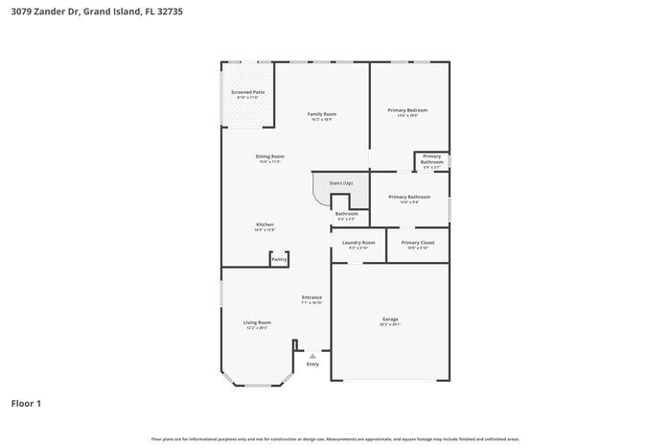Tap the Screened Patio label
click(x=247, y=92)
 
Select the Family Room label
click(x=321, y=114)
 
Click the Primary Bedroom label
click(x=407, y=110)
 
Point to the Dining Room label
click(x=269, y=156)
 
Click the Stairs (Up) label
click(x=341, y=182)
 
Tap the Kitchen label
click(x=265, y=224)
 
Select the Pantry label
click(x=279, y=259)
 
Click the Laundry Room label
click(x=359, y=243)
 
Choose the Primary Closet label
click(x=418, y=243)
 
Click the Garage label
click(x=390, y=318)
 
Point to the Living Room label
click(x=257, y=322)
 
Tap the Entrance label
click(x=312, y=297)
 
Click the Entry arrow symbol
click(x=312, y=356)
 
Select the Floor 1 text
click(x=27, y=403)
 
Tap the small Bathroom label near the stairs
click(x=346, y=214)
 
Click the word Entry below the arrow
click(x=312, y=365)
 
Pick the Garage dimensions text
click(x=390, y=324)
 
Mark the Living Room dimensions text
click(x=257, y=328)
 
